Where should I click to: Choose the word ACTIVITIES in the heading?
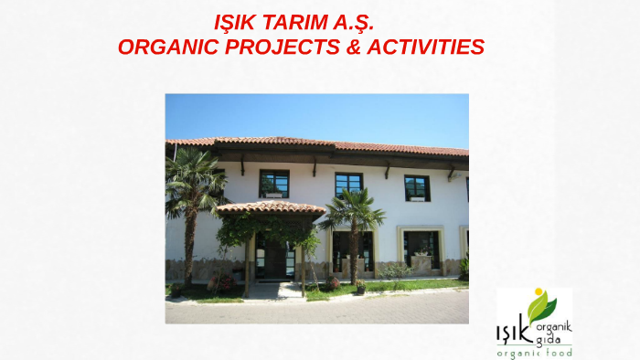point(424,46)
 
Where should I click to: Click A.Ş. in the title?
point(351,22)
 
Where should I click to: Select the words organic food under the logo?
point(534,353)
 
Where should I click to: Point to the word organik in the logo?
point(554,325)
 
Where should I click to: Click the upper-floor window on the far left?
point(273,183)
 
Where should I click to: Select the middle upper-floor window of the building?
point(348,184)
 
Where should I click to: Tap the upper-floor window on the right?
point(417,187)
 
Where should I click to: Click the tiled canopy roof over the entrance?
point(271,208)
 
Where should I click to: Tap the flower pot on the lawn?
point(360,286)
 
